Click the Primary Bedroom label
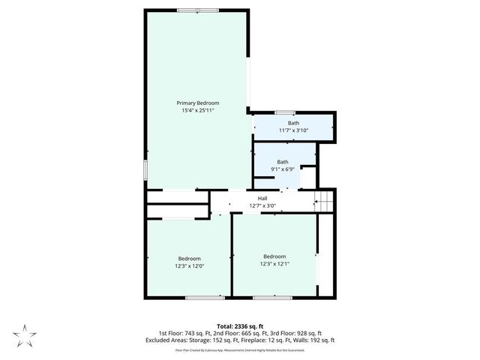(198, 103)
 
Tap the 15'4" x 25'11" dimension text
(198, 110)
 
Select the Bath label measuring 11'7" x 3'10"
(293, 123)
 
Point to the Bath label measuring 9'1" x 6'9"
(283, 162)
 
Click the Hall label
(262, 199)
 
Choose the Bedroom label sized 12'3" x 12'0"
(189, 259)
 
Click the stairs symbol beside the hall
(322, 201)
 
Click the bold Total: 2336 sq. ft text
(239, 326)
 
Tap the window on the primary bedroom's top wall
(198, 10)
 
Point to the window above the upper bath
(285, 112)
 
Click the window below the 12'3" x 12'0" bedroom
(199, 298)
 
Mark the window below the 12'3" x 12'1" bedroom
(278, 298)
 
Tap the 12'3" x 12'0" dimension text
(189, 266)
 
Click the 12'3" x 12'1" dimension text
(274, 264)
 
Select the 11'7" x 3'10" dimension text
(293, 130)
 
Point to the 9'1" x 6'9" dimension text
(283, 169)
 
